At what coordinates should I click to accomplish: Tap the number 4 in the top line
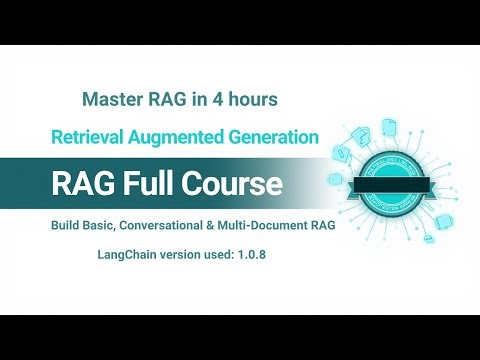coord(212,100)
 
